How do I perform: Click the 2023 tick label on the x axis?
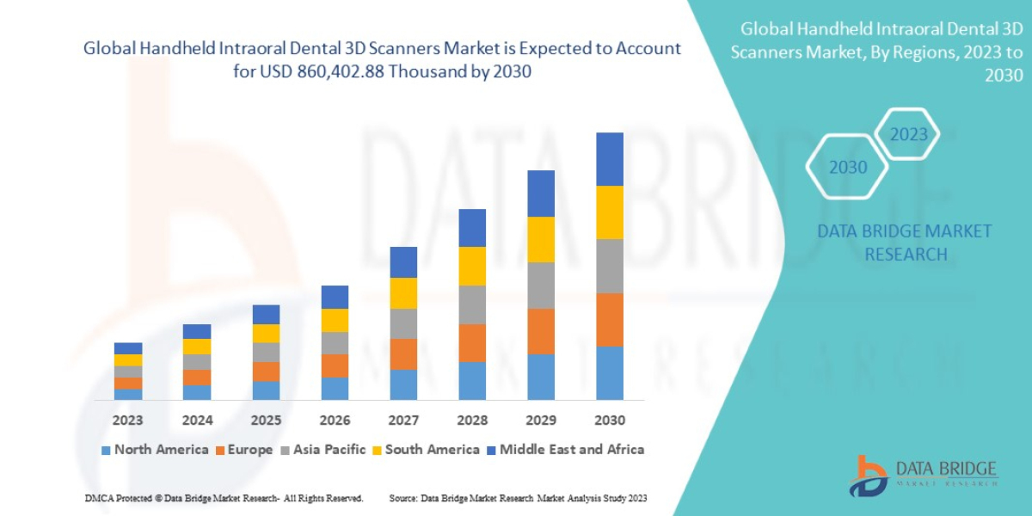[128, 421]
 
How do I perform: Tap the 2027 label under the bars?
[403, 421]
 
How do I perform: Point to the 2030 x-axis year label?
[609, 421]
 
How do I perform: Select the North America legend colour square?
[106, 450]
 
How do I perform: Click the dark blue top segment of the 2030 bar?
[609, 159]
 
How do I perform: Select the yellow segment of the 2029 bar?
[541, 239]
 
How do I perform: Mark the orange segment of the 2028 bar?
[472, 342]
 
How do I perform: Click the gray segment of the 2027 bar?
[403, 323]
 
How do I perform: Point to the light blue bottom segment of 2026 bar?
[335, 388]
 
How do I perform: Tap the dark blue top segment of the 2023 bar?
[128, 348]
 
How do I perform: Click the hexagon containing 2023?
[908, 135]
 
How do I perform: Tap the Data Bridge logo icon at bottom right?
[868, 476]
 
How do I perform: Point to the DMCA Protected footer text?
[224, 498]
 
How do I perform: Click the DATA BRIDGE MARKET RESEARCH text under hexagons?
[904, 243]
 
